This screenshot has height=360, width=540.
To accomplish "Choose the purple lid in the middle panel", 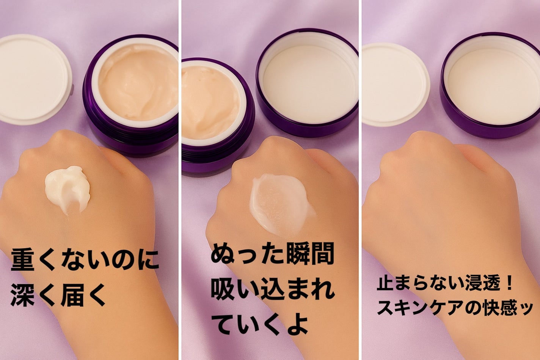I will click(307, 83).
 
